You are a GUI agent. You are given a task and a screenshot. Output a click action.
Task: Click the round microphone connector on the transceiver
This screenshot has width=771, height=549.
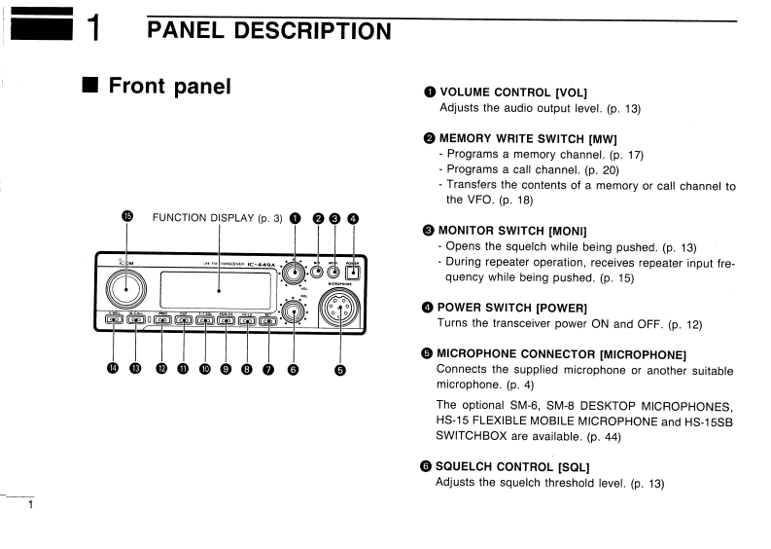tap(339, 315)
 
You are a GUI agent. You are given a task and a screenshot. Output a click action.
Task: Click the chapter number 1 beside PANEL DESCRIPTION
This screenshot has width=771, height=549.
tap(94, 29)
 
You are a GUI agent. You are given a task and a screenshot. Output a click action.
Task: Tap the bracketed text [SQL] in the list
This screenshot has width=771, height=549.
tap(574, 466)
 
